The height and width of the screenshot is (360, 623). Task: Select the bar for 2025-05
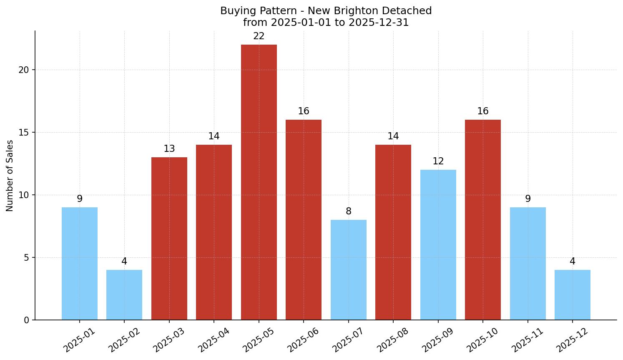click(259, 182)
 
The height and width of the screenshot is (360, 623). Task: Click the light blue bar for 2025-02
click(124, 295)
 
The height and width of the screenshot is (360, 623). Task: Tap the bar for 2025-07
click(348, 270)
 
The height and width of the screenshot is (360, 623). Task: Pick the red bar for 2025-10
click(482, 220)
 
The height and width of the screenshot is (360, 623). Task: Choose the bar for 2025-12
click(572, 295)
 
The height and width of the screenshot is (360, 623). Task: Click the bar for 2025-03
click(169, 239)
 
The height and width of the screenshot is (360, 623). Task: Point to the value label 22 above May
click(259, 36)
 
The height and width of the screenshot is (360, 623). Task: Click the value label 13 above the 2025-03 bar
click(169, 149)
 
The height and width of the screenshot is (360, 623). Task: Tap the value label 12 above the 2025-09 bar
click(438, 161)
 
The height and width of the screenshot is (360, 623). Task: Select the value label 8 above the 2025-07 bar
click(348, 211)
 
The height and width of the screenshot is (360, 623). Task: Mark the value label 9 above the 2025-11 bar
click(528, 199)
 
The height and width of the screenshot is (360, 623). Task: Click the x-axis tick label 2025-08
click(392, 340)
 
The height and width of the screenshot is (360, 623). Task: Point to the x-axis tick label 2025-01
click(79, 340)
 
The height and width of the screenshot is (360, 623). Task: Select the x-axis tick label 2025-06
click(303, 340)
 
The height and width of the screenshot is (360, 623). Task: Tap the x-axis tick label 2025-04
click(213, 340)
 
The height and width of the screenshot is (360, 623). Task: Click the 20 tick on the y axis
click(24, 70)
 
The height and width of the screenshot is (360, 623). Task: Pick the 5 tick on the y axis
click(26, 257)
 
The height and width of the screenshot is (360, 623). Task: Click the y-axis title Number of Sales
click(10, 176)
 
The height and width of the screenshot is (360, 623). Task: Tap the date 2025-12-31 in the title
click(379, 23)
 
